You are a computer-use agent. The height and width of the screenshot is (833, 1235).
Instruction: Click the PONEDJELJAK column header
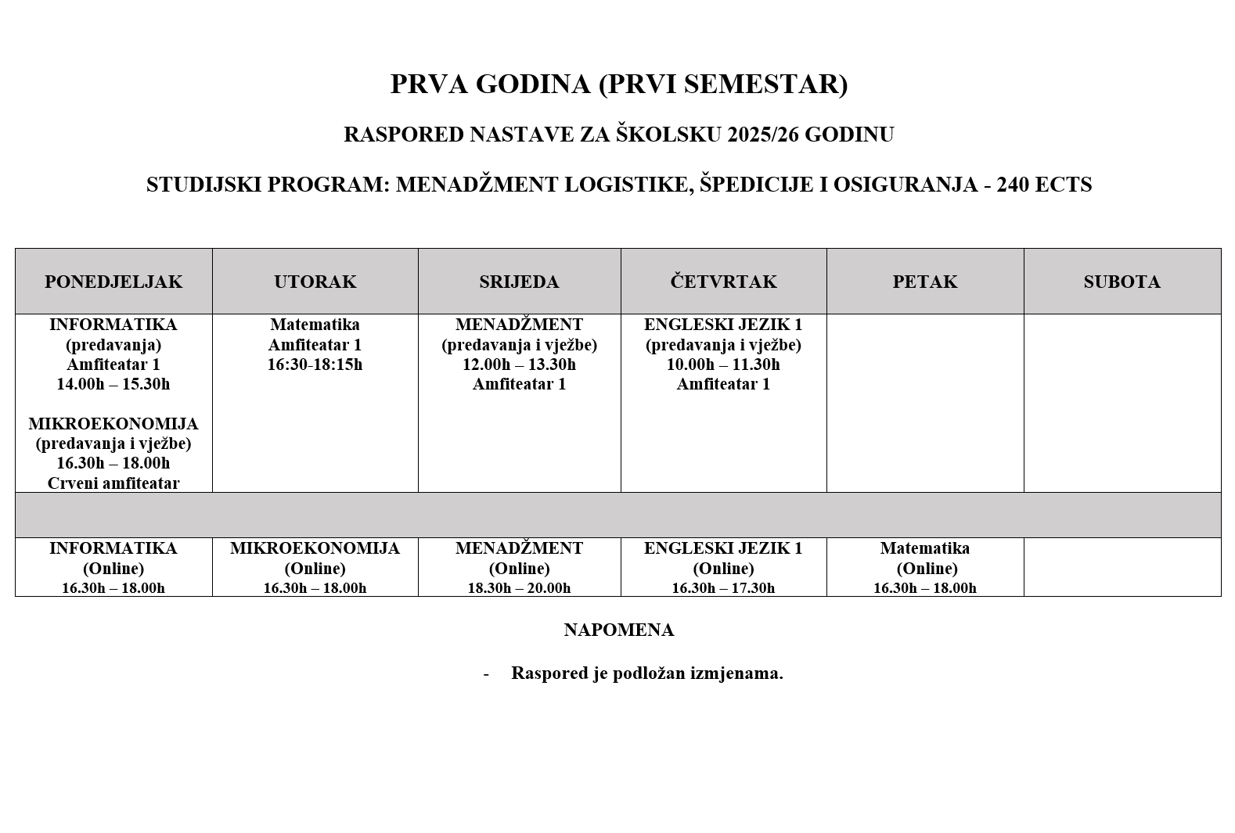113,282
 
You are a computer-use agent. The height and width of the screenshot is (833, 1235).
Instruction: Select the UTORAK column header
315,282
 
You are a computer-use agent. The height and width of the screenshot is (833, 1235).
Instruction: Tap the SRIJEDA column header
519,282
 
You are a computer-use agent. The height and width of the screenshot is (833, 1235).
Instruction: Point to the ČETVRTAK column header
723,282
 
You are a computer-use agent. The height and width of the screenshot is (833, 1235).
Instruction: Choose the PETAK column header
924,282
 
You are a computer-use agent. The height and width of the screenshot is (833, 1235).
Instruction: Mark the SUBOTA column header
1122,282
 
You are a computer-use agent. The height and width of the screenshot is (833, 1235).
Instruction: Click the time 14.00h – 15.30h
113,384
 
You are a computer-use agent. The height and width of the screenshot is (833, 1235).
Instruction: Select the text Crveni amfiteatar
113,483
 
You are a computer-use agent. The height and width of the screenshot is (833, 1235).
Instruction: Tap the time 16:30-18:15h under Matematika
315,364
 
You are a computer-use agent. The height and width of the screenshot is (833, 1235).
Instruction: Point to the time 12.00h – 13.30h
519,364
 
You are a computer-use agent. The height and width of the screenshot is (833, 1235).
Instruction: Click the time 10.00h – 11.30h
723,364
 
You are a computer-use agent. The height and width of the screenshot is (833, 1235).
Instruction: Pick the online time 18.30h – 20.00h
519,588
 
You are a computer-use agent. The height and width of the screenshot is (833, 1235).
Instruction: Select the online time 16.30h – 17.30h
723,588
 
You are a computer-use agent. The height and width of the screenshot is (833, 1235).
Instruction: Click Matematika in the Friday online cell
924,548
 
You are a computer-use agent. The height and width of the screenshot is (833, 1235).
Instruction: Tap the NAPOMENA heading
618,630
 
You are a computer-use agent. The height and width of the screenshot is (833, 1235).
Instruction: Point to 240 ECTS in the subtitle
1044,185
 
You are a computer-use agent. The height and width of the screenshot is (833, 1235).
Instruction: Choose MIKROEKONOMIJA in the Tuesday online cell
315,548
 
